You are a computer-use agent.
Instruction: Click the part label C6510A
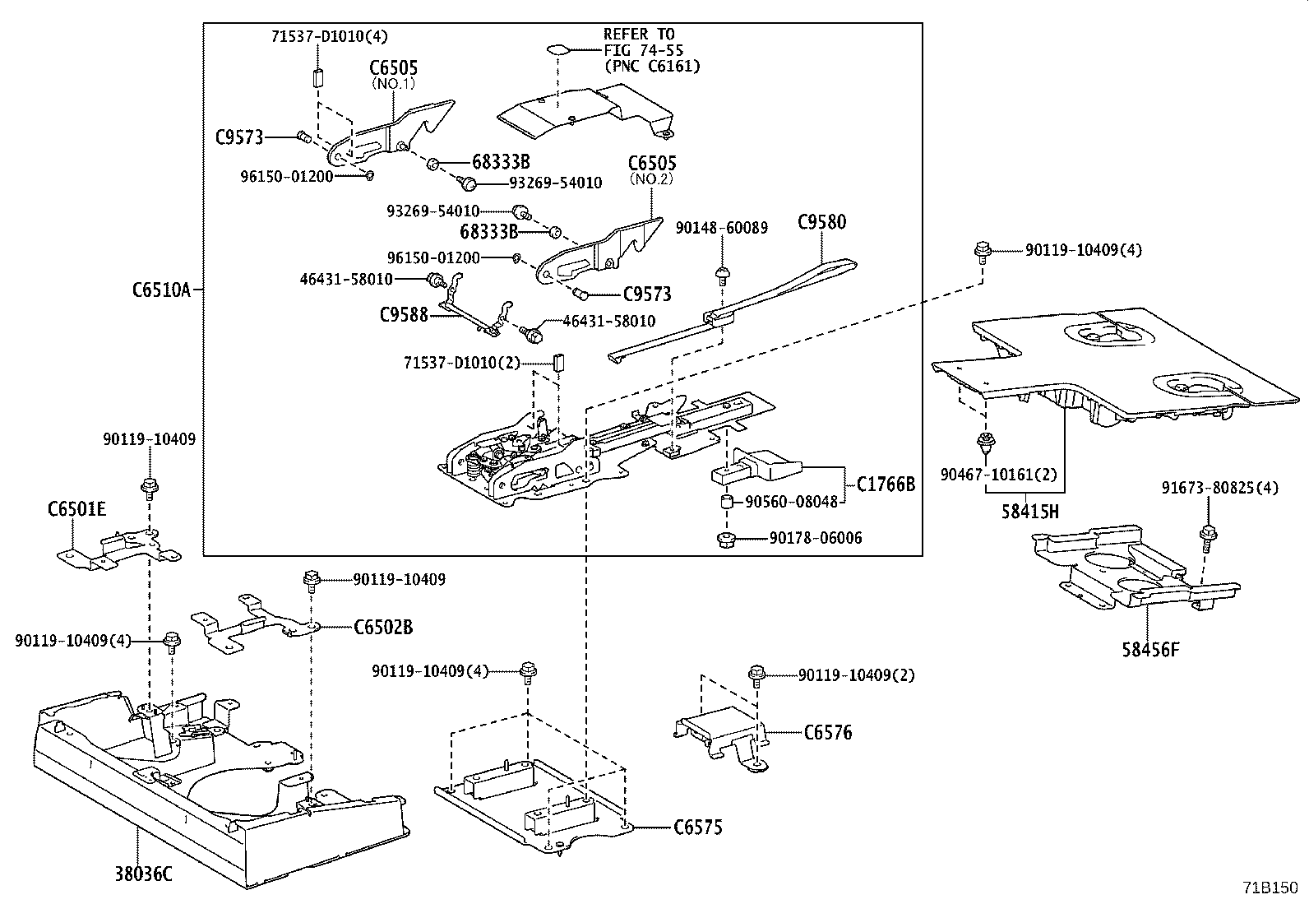point(160,290)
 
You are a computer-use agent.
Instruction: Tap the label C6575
point(697,828)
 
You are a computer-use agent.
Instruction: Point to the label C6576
point(827,732)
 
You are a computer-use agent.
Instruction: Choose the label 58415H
point(1029,512)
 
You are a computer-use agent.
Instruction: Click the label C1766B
point(885,484)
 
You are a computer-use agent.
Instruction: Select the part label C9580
point(821,222)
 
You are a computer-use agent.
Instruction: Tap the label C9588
point(404,314)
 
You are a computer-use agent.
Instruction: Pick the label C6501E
point(76,509)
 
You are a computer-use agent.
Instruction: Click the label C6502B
point(383,628)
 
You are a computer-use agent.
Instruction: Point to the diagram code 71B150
point(1269,888)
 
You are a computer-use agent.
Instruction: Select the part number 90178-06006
point(816,538)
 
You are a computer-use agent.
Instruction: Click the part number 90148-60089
point(721,228)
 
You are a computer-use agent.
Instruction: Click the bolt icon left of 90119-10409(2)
point(756,675)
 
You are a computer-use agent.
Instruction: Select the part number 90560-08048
point(791,501)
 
